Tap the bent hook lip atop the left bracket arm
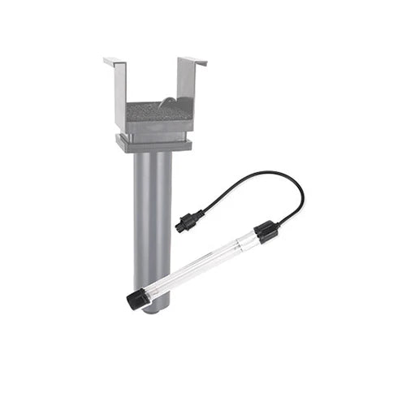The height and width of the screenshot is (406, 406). (114, 61)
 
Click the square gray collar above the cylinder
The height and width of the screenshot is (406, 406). (155, 145)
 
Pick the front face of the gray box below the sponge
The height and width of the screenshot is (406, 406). (155, 126)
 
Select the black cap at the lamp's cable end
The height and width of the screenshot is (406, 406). (266, 232)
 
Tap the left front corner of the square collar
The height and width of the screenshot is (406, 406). (119, 149)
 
